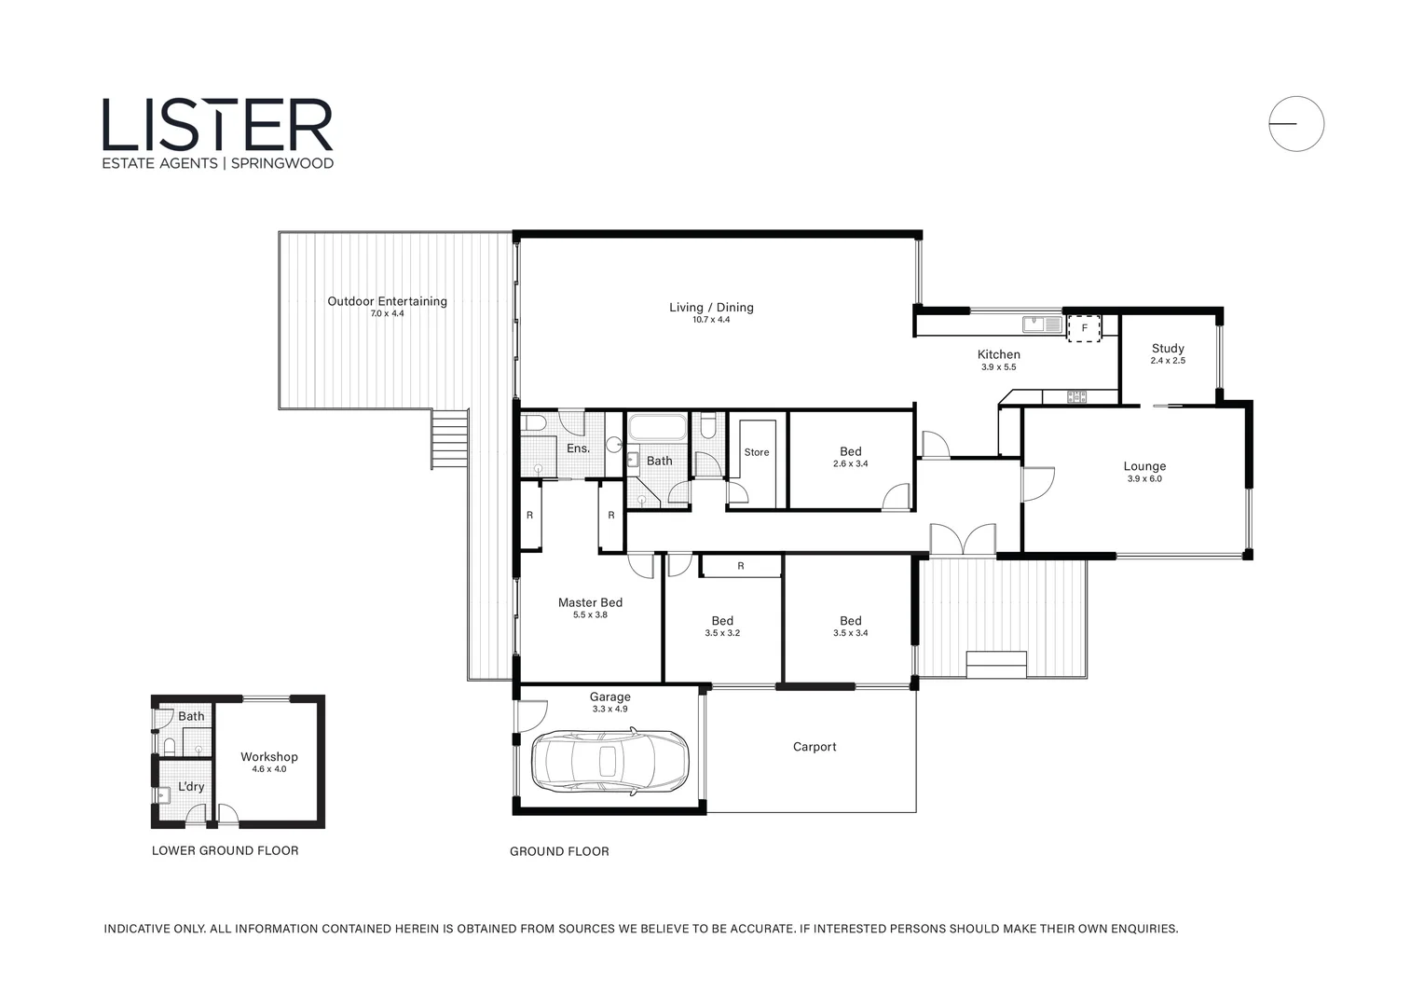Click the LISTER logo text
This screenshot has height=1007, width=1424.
217,125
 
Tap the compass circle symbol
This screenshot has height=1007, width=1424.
1295,123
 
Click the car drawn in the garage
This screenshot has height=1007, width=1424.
609,762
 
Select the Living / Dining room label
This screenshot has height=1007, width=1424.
711,307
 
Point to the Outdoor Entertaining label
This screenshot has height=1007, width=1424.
387,301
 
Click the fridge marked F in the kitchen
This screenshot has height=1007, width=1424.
1084,328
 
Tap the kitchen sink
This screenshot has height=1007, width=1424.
1042,324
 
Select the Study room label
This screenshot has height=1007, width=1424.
1167,348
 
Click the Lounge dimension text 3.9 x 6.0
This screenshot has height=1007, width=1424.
1144,479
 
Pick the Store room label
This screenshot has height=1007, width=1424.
757,452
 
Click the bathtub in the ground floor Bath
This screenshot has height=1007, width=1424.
658,430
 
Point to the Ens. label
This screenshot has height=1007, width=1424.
578,448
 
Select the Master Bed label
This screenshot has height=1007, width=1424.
590,602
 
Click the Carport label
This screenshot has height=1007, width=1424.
815,747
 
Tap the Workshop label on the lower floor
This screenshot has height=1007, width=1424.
268,757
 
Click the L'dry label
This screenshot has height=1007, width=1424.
191,787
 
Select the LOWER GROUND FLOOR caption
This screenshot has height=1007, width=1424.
225,850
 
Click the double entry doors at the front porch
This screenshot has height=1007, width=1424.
963,541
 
